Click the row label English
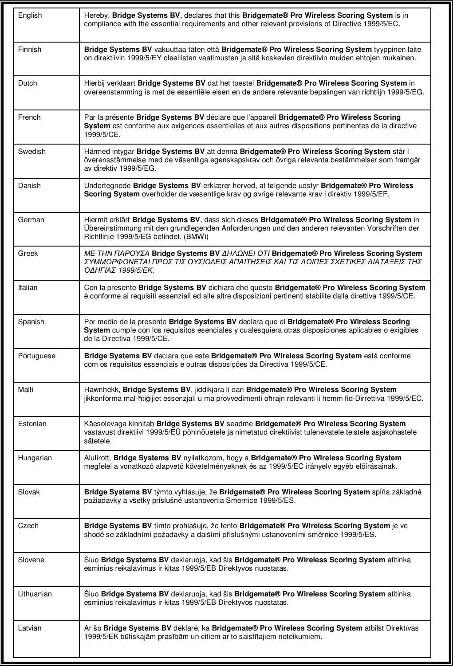30,16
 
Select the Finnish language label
29,50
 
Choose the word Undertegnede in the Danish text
107,186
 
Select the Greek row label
28,254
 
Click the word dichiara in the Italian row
221,288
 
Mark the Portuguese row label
37,356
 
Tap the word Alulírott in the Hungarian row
97,458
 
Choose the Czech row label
28,526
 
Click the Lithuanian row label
35,594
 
